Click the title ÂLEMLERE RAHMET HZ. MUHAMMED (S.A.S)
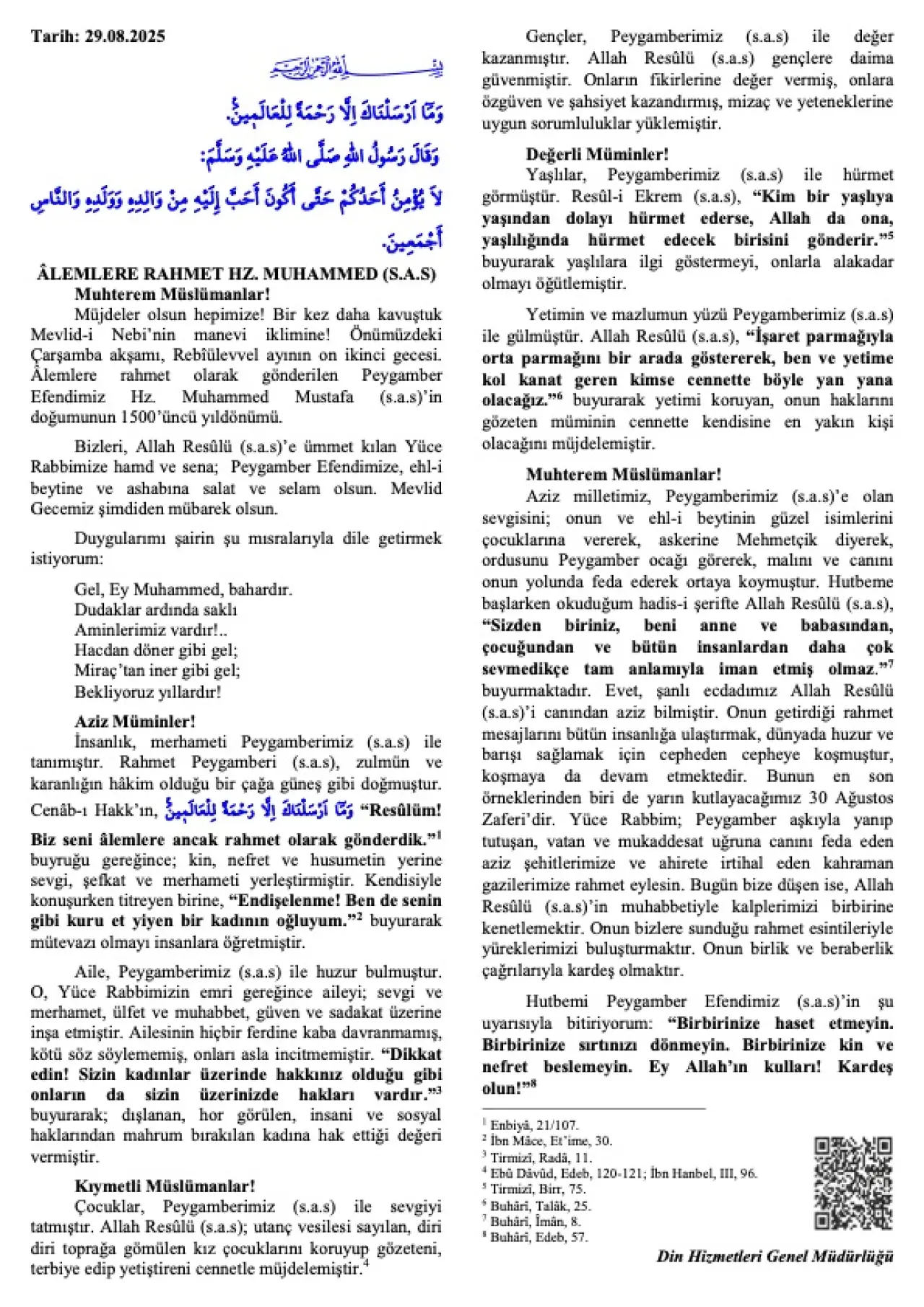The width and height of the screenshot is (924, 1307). coord(236,274)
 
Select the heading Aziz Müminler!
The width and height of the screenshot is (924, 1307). coord(135,721)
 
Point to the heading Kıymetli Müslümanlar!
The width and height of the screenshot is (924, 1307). coord(165,1186)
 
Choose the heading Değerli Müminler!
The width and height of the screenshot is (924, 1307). coord(597,154)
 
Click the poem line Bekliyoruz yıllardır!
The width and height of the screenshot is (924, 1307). coord(148,691)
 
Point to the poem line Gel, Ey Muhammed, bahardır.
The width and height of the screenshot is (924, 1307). coord(183,589)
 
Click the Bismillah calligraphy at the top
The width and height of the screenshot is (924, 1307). coord(356,69)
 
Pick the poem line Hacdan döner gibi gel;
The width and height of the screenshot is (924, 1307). coord(156,650)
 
